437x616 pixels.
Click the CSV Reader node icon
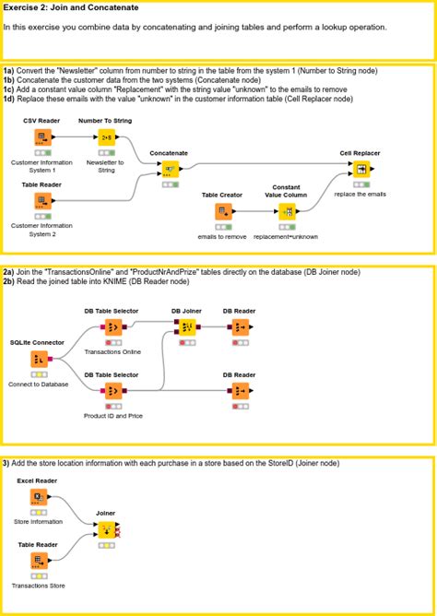click(x=41, y=138)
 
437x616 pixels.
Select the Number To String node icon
click(x=105, y=138)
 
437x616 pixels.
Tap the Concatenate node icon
click(x=170, y=170)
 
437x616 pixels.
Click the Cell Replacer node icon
click(x=360, y=170)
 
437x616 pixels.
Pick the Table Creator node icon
click(x=221, y=212)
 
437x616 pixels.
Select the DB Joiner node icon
click(x=186, y=328)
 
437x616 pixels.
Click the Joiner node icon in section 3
click(x=105, y=529)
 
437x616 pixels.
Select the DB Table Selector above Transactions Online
click(x=112, y=328)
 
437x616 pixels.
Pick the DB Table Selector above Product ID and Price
click(x=112, y=392)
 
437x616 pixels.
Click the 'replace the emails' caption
click(x=360, y=194)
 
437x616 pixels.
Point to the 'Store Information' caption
click(x=40, y=521)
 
